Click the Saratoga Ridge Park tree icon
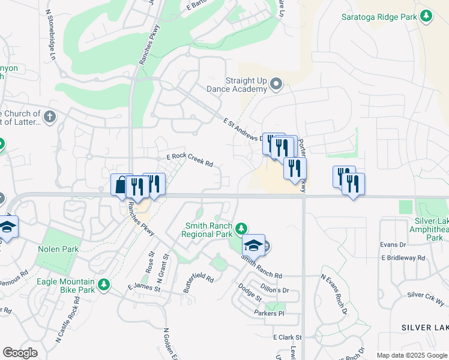click(427, 17)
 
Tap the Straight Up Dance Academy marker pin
click(276, 83)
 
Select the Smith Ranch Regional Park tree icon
click(241, 228)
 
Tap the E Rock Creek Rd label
click(190, 160)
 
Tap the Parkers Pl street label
click(268, 313)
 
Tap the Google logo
click(20, 353)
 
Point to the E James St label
click(143, 288)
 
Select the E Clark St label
click(287, 338)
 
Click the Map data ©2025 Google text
click(412, 355)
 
